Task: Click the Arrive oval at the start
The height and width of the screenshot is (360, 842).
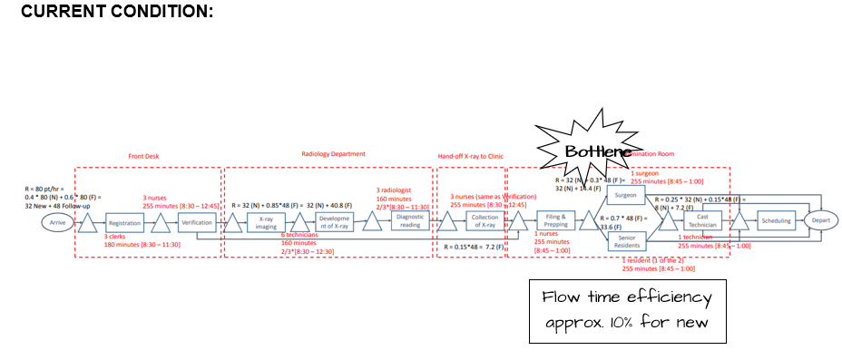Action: click(x=57, y=222)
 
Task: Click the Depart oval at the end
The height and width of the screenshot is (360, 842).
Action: click(x=820, y=220)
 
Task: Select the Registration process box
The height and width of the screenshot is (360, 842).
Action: click(x=124, y=222)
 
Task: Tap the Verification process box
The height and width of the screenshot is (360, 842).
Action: click(x=197, y=222)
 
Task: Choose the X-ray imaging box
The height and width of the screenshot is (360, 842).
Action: click(x=266, y=222)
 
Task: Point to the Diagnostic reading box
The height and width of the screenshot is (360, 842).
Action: click(x=410, y=221)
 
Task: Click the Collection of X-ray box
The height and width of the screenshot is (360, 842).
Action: click(x=485, y=221)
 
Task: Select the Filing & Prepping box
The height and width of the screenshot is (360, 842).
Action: click(x=556, y=220)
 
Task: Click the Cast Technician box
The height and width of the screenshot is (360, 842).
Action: click(x=702, y=220)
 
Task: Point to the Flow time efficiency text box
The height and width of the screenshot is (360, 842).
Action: click(x=628, y=310)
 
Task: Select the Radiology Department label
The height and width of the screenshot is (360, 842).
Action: click(x=333, y=154)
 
